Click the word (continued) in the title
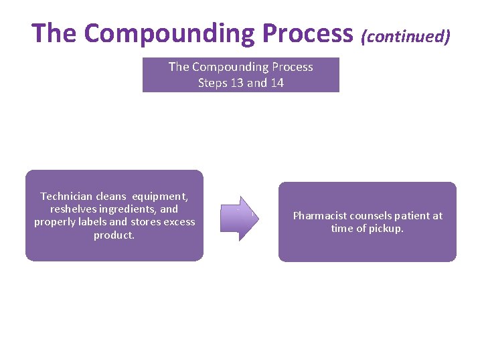point(405,35)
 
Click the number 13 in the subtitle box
point(236,83)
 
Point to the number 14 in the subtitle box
point(275,83)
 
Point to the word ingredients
point(127,209)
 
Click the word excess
point(179,222)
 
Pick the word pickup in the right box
point(388,229)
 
